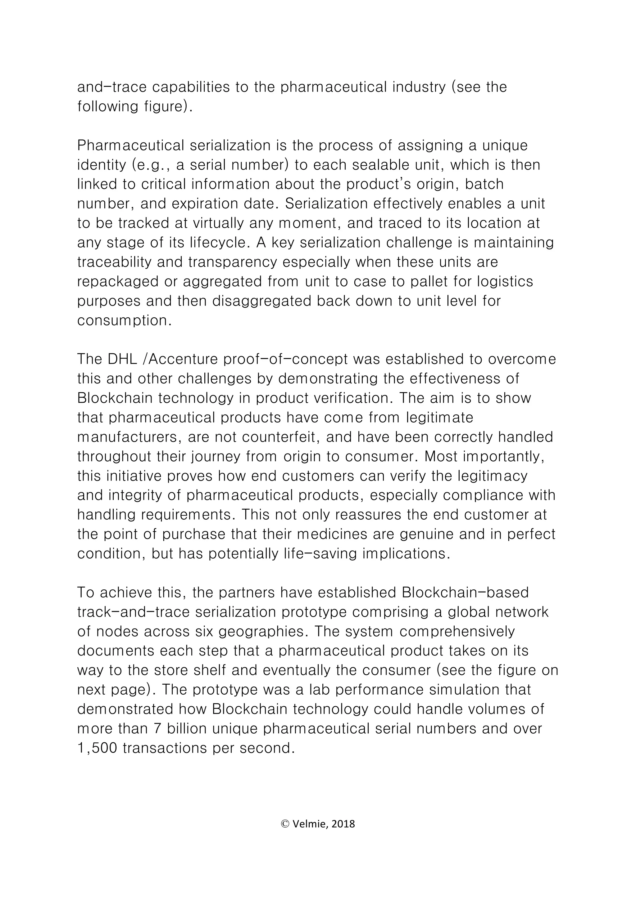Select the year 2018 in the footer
[x=343, y=824]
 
